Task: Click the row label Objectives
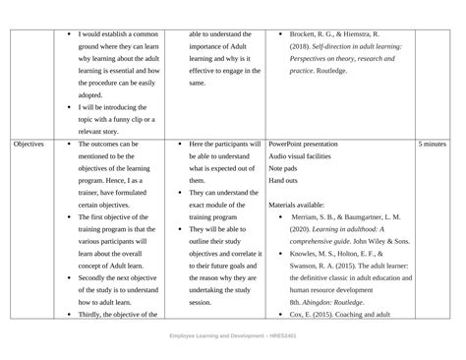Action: pyautogui.click(x=29, y=144)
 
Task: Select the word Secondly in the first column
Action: pyautogui.click(x=96, y=277)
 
